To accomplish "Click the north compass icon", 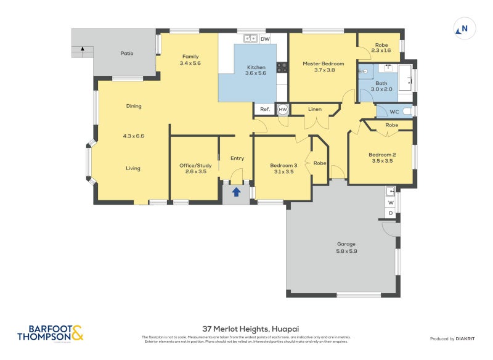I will click(464, 28).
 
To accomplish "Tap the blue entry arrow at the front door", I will click(236, 192).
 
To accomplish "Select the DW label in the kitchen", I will click(265, 39).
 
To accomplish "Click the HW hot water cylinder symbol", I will click(283, 109).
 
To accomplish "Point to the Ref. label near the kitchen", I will click(265, 109).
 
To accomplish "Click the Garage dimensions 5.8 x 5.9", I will click(346, 251).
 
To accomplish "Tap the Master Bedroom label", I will click(323, 63).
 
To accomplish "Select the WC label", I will click(394, 112).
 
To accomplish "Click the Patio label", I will click(127, 54).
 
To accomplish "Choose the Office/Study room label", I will click(195, 165).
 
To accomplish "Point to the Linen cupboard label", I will click(315, 109).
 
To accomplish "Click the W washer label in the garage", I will click(390, 202).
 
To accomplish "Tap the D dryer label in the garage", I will click(390, 213).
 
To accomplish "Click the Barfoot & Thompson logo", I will click(50, 333).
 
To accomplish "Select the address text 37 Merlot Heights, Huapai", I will click(246, 329).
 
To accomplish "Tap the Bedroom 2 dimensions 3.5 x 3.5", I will click(382, 161).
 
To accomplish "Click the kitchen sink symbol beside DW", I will click(250, 39).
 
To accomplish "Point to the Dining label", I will click(134, 106).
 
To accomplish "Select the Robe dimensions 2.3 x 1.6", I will click(382, 51).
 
